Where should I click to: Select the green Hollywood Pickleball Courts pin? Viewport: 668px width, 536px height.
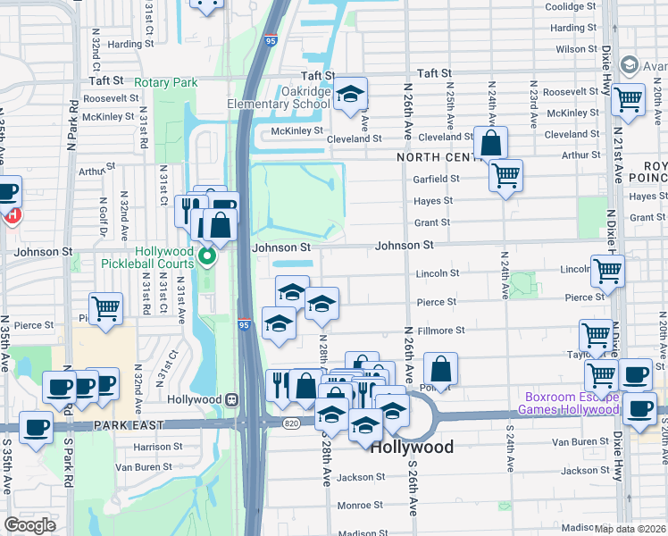coord(207,259)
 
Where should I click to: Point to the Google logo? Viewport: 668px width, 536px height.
coord(29,525)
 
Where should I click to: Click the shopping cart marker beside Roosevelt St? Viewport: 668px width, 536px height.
coord(628,99)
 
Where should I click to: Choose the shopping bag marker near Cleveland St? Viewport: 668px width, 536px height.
coord(490,142)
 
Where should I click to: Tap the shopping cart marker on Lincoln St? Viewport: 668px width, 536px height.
coord(607,269)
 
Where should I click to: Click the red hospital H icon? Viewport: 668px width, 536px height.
coord(13,214)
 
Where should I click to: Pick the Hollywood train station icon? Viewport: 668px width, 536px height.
coord(231,399)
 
